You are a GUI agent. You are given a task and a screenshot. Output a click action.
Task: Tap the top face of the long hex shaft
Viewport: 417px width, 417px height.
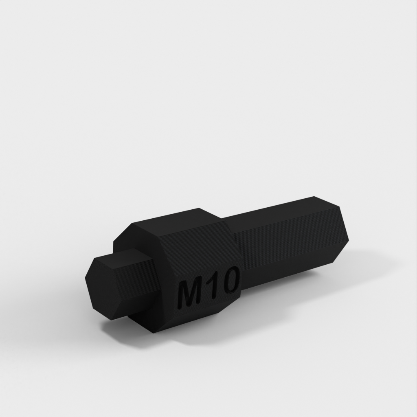coord(279,210)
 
